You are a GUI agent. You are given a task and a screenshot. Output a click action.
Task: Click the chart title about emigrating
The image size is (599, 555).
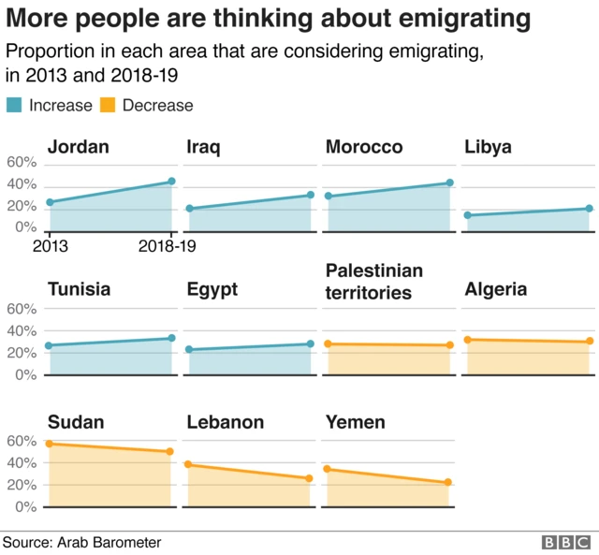tap(269, 18)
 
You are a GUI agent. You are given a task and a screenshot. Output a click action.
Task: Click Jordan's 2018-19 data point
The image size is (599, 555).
tap(171, 182)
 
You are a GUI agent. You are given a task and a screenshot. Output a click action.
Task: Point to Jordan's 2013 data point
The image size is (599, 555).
tap(51, 202)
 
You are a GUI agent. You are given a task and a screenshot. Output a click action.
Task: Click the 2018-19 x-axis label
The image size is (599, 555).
tap(167, 247)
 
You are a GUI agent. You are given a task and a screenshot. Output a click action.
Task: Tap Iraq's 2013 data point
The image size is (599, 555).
tap(189, 209)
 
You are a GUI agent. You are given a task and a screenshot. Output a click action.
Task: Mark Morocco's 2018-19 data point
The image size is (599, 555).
tap(449, 183)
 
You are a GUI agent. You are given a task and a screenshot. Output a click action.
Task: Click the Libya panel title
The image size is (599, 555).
tap(488, 147)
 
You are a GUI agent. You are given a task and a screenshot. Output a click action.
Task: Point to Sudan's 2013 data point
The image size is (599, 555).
tap(50, 444)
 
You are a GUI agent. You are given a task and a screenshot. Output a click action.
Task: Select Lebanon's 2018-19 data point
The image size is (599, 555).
tap(310, 478)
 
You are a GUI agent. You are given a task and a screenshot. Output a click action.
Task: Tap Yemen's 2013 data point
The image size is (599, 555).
tap(328, 469)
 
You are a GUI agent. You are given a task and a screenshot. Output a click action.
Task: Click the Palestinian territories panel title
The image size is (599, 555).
tap(374, 281)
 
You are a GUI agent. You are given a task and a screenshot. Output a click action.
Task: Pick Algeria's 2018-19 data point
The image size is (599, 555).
tap(589, 342)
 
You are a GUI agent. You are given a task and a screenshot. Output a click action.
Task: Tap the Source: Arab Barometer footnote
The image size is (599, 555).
tap(81, 542)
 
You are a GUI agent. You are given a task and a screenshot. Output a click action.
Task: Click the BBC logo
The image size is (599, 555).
tap(565, 542)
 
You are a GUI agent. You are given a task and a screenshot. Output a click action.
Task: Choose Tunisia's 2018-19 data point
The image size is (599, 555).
tap(171, 338)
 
